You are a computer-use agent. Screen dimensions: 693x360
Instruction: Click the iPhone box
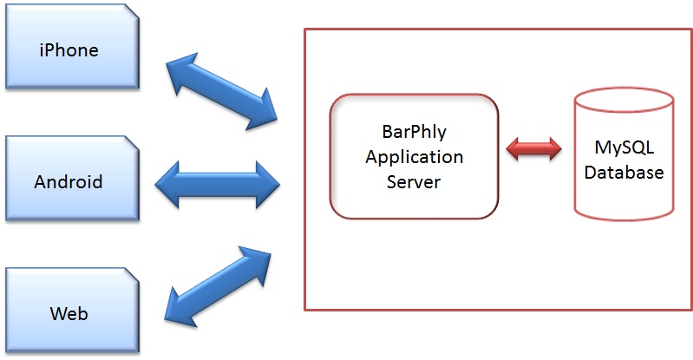73,47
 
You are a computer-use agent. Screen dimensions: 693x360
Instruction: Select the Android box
73,178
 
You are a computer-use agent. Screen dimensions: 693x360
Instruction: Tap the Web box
73,310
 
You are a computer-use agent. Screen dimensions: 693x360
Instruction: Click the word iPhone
69,50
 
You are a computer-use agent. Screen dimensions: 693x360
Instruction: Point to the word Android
69,182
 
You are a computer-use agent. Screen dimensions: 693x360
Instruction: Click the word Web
69,313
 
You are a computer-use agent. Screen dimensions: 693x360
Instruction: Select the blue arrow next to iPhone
221,92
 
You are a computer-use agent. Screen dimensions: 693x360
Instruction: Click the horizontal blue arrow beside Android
218,185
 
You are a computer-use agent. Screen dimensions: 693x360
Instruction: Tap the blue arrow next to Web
218,286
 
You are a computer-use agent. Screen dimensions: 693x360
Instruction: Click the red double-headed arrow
534,148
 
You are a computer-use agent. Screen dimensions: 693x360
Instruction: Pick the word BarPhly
414,131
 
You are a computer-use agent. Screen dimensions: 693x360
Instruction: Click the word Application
414,157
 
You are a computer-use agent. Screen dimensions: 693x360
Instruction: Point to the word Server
414,182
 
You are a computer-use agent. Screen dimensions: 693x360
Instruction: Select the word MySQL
624,147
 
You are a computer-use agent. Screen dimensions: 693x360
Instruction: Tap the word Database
624,172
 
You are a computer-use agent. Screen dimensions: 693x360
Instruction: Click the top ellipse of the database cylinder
624,101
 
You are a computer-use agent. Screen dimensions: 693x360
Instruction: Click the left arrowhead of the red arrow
513,148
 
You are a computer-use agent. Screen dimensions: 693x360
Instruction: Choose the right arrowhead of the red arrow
554,148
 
